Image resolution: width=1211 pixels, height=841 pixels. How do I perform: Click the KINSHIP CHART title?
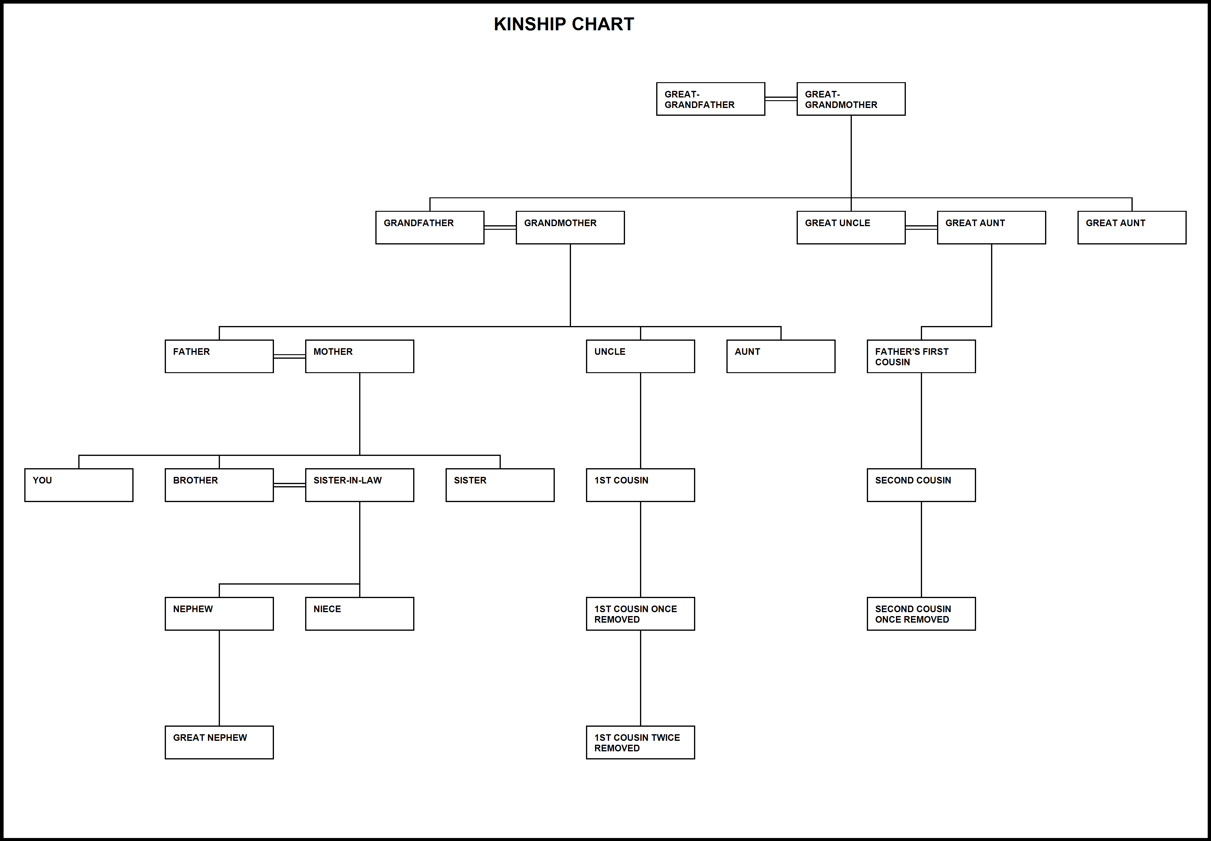coord(563,24)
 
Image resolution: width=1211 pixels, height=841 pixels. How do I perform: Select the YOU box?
coord(79,485)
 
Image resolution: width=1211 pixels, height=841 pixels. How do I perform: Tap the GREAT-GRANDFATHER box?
coord(710,99)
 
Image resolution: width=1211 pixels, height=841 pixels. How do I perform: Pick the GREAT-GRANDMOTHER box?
coord(851,99)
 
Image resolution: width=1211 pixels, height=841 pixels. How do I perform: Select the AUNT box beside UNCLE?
coord(781,356)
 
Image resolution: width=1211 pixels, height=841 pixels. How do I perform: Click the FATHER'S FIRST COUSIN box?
coord(921,356)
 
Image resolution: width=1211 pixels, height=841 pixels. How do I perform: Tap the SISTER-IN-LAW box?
coord(359,485)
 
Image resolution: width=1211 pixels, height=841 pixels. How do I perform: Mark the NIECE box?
coord(359,613)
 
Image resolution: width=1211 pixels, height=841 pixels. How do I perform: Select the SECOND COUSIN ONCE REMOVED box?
coord(921,613)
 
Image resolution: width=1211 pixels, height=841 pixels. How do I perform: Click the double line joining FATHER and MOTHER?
coord(290,356)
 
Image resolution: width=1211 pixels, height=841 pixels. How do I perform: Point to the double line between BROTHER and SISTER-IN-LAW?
coord(290,485)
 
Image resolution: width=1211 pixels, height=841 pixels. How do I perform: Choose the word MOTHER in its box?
coord(333,352)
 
